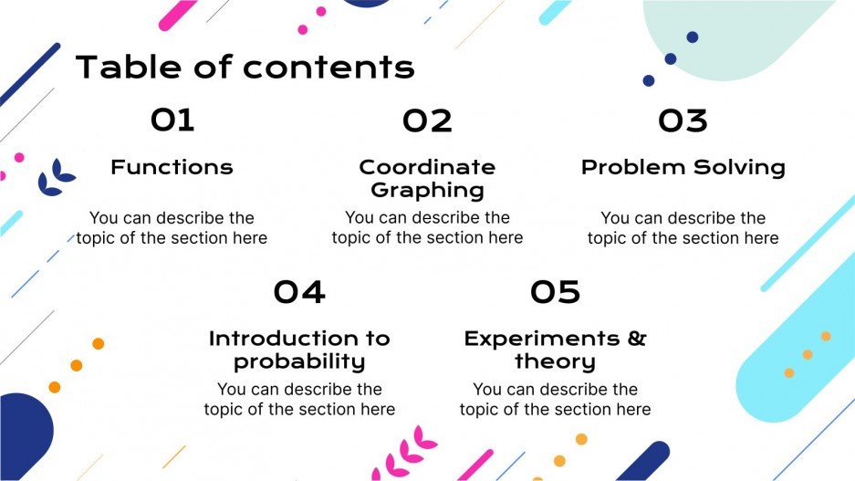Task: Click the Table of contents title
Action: [x=245, y=67]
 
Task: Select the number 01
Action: [x=172, y=120]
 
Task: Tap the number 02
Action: [x=427, y=120]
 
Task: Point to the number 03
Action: [x=683, y=120]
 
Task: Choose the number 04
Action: [x=299, y=292]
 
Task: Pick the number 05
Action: [x=555, y=292]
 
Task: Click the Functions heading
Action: [x=172, y=168]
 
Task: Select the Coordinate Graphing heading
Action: [x=427, y=179]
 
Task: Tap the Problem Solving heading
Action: [x=683, y=168]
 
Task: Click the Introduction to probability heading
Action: [x=299, y=350]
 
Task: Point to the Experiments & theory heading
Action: [x=555, y=350]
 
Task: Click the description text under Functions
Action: [x=172, y=228]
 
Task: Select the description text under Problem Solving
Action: [x=683, y=228]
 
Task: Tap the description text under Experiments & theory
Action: [x=555, y=400]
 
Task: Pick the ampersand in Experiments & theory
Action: [x=636, y=339]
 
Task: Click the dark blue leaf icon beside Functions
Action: [x=57, y=177]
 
